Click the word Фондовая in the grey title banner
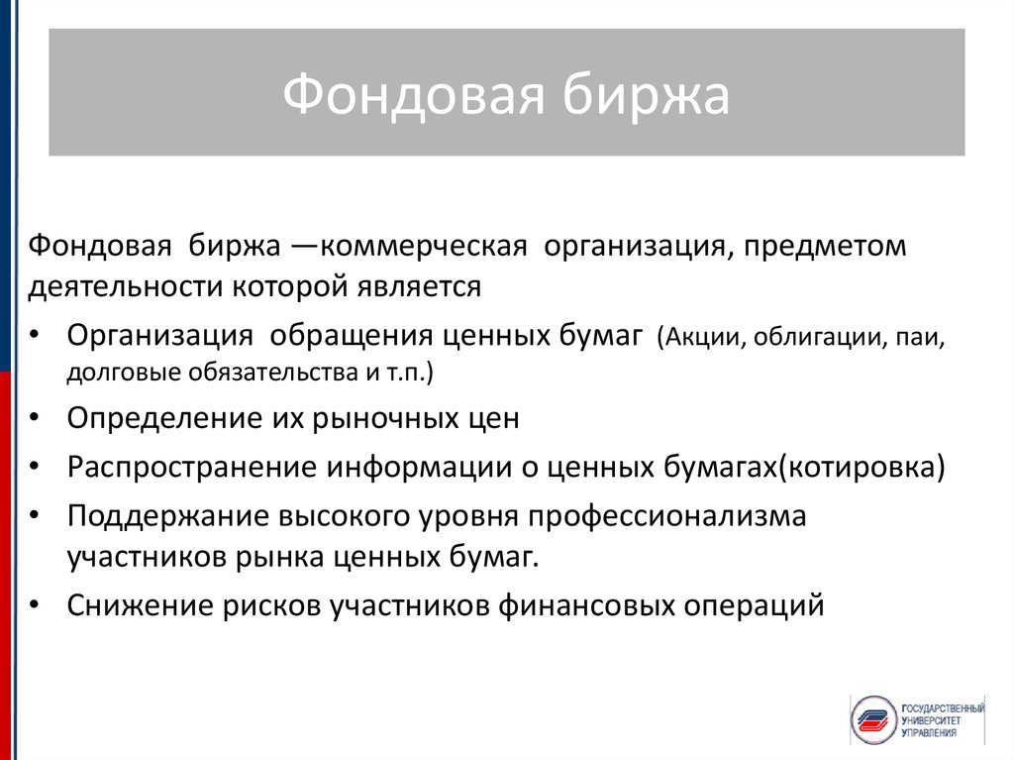click(x=414, y=95)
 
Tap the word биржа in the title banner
click(x=646, y=94)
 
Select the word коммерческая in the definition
click(x=424, y=247)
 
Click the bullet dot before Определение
click(x=35, y=417)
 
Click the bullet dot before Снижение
click(x=35, y=605)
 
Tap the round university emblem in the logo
click(x=873, y=719)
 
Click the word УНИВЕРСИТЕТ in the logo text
click(x=931, y=720)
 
